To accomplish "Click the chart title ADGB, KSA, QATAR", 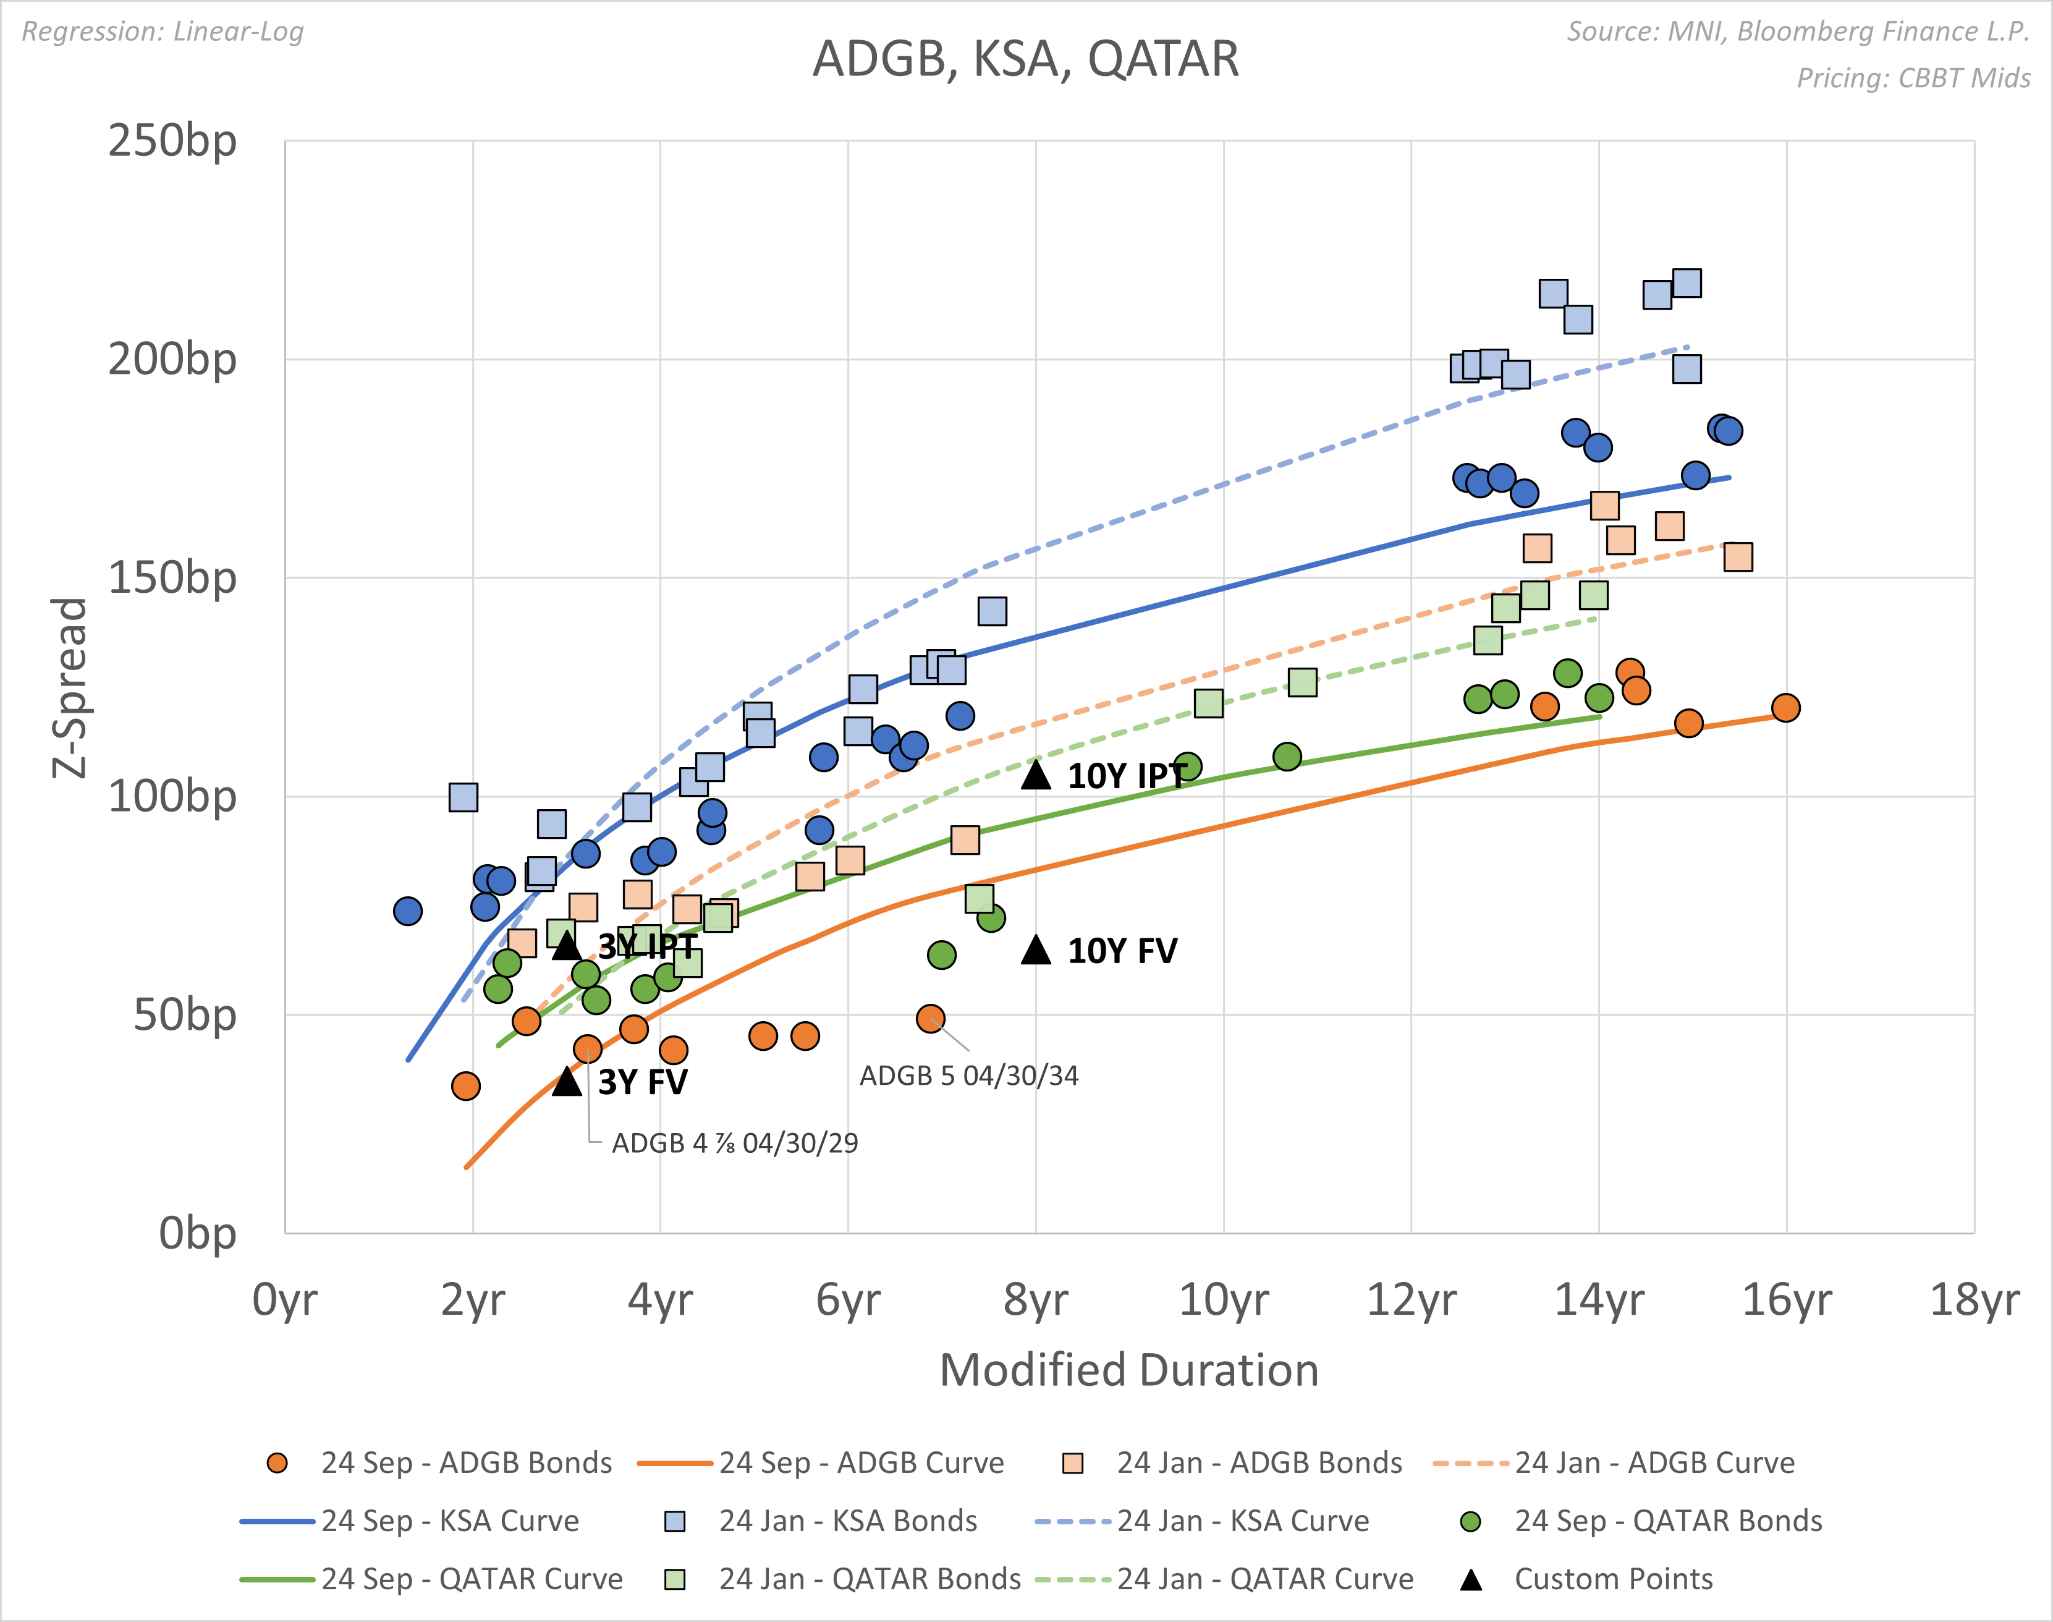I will pyautogui.click(x=1025, y=59).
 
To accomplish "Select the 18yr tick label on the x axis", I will pyautogui.click(x=1974, y=1299).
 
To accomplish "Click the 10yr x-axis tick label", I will pyautogui.click(x=1223, y=1299).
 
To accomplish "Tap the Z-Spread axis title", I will pyautogui.click(x=69, y=687).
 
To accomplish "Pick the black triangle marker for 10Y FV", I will pyautogui.click(x=1036, y=949).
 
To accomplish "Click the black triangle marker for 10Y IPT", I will pyautogui.click(x=1036, y=775).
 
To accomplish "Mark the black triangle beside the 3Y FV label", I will pyautogui.click(x=567, y=1081).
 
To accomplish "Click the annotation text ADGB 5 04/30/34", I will pyautogui.click(x=968, y=1076).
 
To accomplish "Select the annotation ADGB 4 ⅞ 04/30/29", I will pyautogui.click(x=734, y=1144).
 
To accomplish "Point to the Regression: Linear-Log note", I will pyautogui.click(x=163, y=32).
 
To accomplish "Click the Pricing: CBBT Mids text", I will pyautogui.click(x=1913, y=78).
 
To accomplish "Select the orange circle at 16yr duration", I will pyautogui.click(x=1785, y=708).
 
